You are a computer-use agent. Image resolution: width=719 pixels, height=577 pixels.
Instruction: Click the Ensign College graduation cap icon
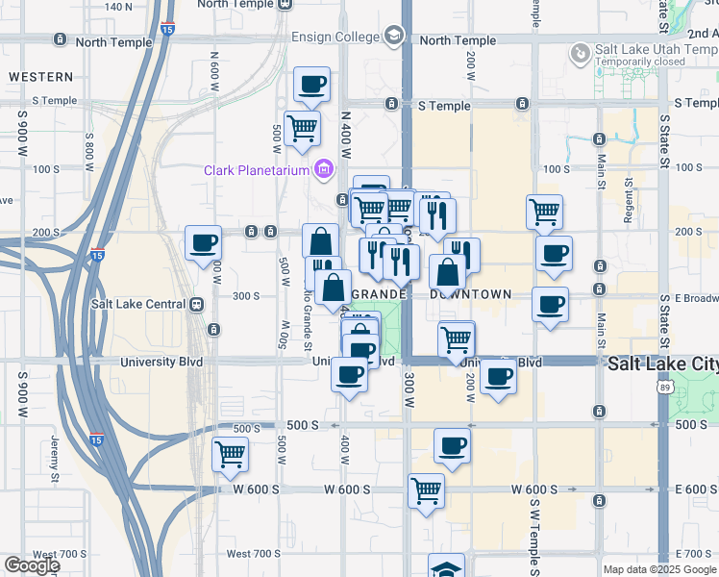pyautogui.click(x=392, y=37)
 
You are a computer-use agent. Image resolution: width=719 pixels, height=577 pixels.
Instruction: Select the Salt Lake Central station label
pyautogui.click(x=136, y=305)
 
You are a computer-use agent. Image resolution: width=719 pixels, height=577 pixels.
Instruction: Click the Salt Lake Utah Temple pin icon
pyautogui.click(x=580, y=54)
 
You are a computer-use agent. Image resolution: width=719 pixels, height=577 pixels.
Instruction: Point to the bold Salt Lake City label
pyautogui.click(x=662, y=364)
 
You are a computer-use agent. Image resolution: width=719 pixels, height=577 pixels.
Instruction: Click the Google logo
pyautogui.click(x=31, y=565)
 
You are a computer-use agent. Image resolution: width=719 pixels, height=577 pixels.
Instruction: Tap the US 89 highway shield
pyautogui.click(x=665, y=388)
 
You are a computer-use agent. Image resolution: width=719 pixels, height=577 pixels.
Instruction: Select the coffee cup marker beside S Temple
pyautogui.click(x=311, y=85)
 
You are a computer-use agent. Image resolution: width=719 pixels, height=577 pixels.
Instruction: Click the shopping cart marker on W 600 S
pyautogui.click(x=426, y=489)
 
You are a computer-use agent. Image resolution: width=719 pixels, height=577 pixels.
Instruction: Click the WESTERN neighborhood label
pyautogui.click(x=40, y=76)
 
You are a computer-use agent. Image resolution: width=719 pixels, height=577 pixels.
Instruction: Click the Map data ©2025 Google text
pyautogui.click(x=660, y=569)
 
